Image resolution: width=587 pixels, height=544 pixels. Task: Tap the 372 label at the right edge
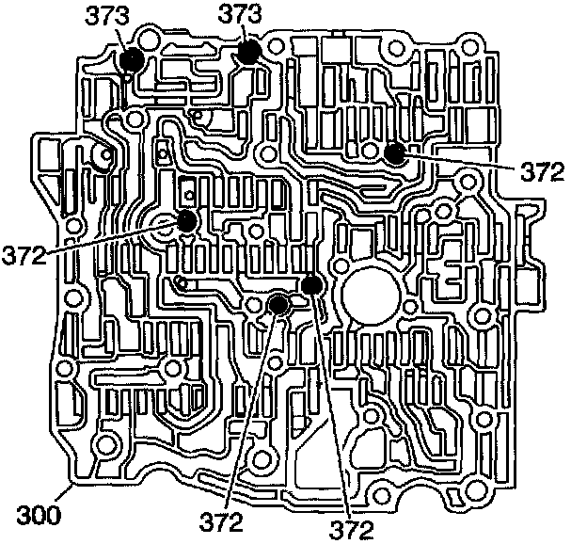coord(544,171)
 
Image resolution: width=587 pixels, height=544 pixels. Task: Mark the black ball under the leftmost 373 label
coord(132,60)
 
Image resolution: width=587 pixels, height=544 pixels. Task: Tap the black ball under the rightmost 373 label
coord(248,52)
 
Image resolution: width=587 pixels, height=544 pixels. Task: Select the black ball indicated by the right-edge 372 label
coord(395,153)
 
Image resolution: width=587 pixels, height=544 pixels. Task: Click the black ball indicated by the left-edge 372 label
coord(186,222)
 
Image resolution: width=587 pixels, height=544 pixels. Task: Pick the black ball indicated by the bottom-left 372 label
coord(278,304)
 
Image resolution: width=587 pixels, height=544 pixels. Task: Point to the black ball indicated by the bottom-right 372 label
coord(313,285)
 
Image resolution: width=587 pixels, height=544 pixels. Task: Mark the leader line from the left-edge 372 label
coord(113,237)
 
